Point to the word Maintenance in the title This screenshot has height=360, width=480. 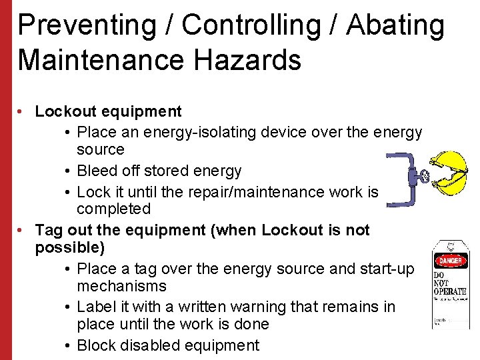(100, 60)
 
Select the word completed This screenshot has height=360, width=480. (113, 209)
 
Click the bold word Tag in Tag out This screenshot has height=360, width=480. (47, 230)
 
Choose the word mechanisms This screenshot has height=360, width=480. (121, 287)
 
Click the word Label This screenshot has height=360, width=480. (95, 307)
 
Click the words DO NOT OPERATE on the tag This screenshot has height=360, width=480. (450, 283)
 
